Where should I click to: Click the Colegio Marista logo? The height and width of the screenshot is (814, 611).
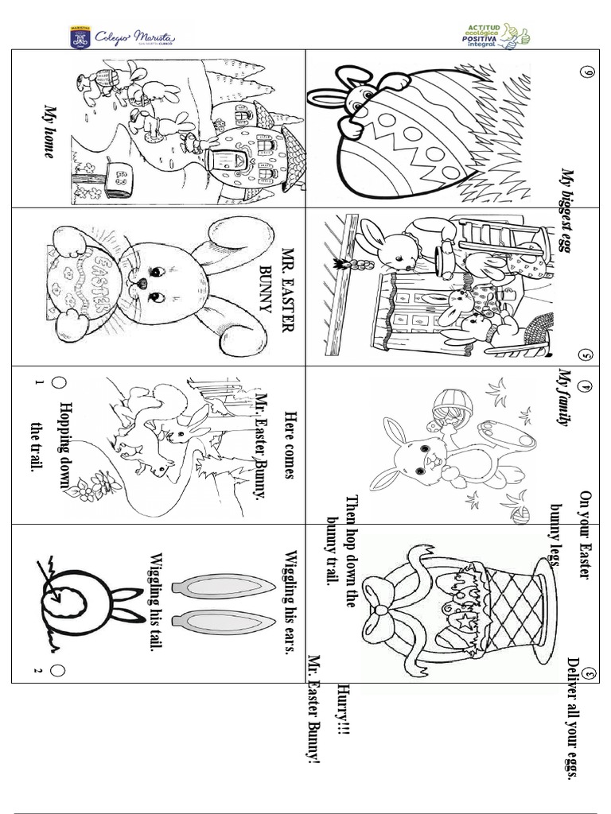[123, 37]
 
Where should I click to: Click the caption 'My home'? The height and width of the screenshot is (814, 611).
[49, 131]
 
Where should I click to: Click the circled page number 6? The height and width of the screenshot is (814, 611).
[590, 74]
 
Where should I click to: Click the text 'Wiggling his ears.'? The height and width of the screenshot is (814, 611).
[290, 601]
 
